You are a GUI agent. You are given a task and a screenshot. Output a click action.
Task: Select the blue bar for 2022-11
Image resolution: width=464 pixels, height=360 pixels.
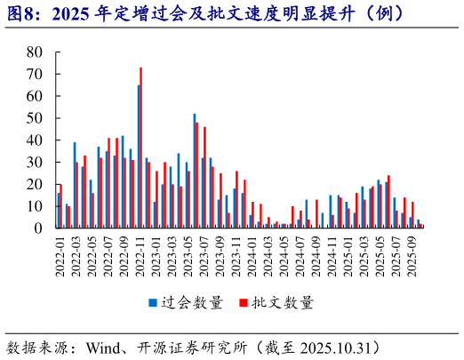click(138, 156)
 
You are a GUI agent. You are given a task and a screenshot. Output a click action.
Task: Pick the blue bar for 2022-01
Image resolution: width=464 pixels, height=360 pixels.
click(58, 211)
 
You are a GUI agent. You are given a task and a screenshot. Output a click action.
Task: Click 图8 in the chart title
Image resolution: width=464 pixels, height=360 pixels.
click(24, 13)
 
